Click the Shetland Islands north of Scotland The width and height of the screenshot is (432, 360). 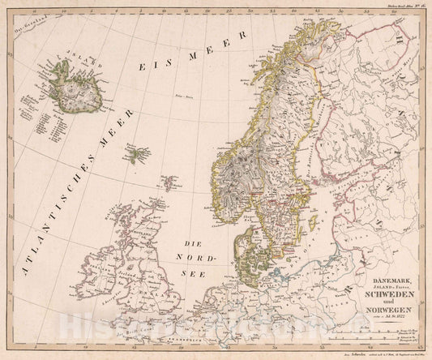[x=169, y=183]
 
